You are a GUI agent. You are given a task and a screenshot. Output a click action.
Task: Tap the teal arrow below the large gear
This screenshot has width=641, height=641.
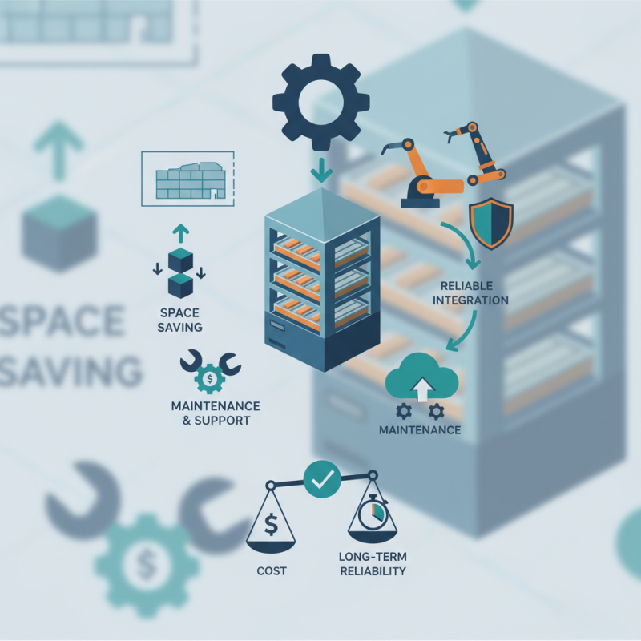(x=321, y=171)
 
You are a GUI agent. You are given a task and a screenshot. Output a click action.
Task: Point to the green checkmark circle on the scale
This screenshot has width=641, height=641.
(x=322, y=479)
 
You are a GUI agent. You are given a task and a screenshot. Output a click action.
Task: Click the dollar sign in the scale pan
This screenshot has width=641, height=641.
(x=271, y=525)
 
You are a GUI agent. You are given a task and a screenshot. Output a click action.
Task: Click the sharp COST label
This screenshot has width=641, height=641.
(x=272, y=570)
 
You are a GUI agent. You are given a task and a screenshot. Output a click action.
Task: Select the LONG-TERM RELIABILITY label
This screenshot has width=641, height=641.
(x=373, y=564)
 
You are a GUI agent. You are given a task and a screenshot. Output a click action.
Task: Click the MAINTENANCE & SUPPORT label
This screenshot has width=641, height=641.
(x=216, y=413)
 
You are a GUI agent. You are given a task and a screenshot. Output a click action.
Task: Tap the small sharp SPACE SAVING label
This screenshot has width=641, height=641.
(x=179, y=320)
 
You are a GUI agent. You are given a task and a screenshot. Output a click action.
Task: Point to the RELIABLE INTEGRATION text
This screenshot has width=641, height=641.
(x=470, y=293)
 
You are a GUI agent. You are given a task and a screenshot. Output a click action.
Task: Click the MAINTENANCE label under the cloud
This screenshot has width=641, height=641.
(x=420, y=430)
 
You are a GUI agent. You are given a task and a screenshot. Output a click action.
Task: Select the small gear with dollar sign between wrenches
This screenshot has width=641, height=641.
(x=210, y=379)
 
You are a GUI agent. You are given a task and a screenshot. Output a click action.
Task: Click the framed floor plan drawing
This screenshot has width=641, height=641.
(x=187, y=179)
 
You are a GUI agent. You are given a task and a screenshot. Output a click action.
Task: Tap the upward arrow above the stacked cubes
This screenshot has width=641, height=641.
(x=181, y=234)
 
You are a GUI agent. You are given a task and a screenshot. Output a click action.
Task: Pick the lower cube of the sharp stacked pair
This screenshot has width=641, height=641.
(x=181, y=286)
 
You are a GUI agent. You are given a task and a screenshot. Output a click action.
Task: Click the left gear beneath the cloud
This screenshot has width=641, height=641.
(x=404, y=411)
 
